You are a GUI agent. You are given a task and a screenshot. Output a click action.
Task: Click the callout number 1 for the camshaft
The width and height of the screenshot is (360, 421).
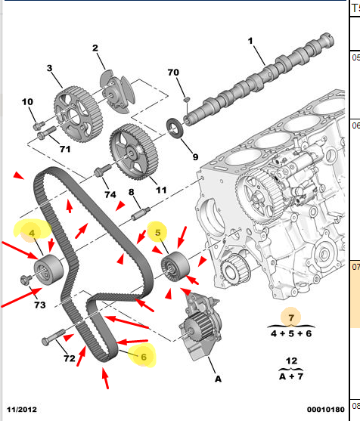[250, 41]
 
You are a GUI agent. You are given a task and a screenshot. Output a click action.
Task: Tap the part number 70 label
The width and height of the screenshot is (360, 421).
[173, 73]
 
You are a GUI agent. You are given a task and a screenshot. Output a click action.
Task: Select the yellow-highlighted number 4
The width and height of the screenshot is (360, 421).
[32, 233]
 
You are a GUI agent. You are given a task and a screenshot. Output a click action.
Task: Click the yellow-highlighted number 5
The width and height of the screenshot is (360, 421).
[158, 233]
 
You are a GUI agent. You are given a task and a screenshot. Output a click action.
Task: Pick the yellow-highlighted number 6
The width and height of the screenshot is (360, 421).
[144, 357]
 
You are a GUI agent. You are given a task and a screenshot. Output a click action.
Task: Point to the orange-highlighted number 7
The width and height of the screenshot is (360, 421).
[291, 318]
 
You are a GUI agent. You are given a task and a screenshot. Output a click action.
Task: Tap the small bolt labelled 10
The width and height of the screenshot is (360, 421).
[39, 125]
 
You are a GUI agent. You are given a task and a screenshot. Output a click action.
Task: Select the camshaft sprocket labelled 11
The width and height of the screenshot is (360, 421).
[134, 152]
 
